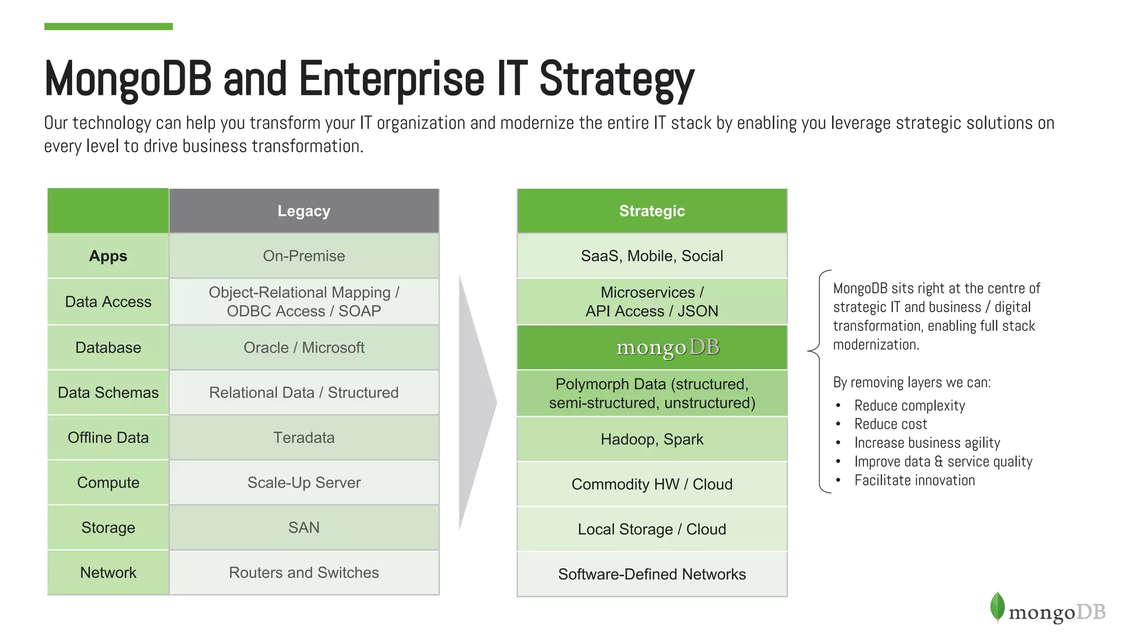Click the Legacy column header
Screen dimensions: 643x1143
[x=304, y=211]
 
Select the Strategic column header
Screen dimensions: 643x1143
[x=651, y=211]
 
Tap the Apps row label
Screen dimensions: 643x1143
[x=108, y=256]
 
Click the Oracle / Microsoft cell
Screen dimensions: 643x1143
[x=304, y=348]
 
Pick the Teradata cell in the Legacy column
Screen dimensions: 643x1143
[x=304, y=438]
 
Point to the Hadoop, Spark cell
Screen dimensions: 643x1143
[x=651, y=439]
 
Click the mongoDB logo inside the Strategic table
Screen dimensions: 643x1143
[x=667, y=347]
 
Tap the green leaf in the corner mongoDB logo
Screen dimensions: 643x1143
[x=997, y=607]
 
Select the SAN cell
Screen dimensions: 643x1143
[x=304, y=527]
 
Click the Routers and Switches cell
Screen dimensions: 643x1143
[x=304, y=573]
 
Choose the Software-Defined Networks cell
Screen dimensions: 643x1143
[x=651, y=574]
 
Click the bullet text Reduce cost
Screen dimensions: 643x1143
[x=890, y=424]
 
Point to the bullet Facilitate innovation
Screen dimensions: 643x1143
[x=914, y=481]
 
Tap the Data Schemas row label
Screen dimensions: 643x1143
[x=108, y=393]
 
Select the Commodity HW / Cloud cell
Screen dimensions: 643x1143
[x=651, y=484]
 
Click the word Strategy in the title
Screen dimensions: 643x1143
[x=616, y=79]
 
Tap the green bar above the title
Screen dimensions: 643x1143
[x=108, y=26]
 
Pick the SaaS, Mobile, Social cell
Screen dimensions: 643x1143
[x=651, y=256]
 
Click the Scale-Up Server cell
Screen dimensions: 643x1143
[x=304, y=483]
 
